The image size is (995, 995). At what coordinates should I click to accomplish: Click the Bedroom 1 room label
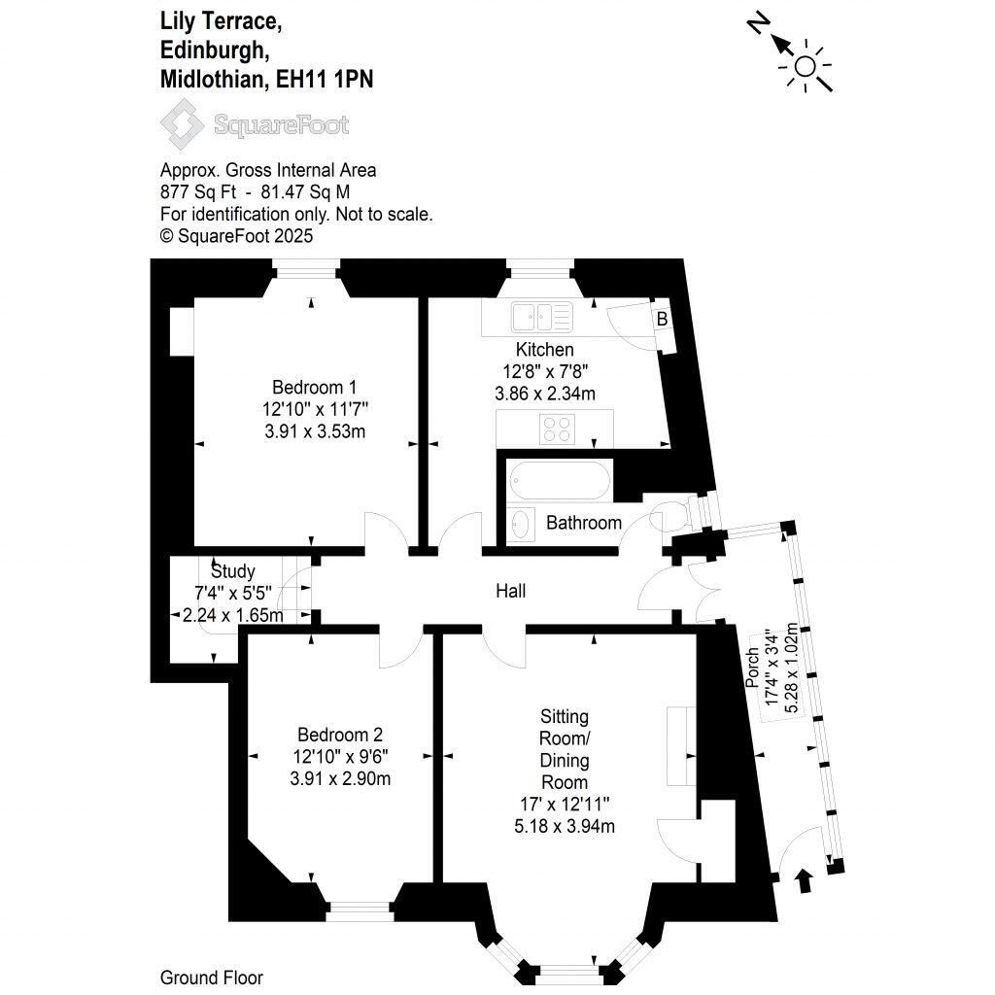(x=314, y=387)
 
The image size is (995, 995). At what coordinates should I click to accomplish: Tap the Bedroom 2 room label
(x=339, y=735)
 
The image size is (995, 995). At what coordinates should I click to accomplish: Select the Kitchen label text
(x=544, y=350)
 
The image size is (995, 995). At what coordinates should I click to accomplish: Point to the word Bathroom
(x=584, y=523)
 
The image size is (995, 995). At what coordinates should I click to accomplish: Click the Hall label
(x=511, y=592)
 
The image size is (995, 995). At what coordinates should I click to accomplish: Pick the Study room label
(x=233, y=571)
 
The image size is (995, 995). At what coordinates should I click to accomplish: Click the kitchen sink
(x=542, y=317)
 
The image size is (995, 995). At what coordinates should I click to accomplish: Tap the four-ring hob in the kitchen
(x=558, y=429)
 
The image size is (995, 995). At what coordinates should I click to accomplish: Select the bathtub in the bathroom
(x=560, y=480)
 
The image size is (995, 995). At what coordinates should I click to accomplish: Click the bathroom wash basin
(x=521, y=524)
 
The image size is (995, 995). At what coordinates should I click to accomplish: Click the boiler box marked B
(x=663, y=319)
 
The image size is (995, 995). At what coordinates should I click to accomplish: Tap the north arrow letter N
(x=758, y=24)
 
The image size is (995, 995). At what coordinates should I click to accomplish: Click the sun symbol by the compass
(x=806, y=66)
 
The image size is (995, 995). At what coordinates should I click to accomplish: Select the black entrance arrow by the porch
(x=805, y=881)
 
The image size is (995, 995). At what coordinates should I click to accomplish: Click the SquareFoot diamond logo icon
(x=182, y=123)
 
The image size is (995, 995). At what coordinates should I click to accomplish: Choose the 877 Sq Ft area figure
(x=198, y=192)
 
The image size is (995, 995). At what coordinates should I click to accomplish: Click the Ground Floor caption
(x=211, y=978)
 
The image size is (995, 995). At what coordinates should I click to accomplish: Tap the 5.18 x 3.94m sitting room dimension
(x=565, y=826)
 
